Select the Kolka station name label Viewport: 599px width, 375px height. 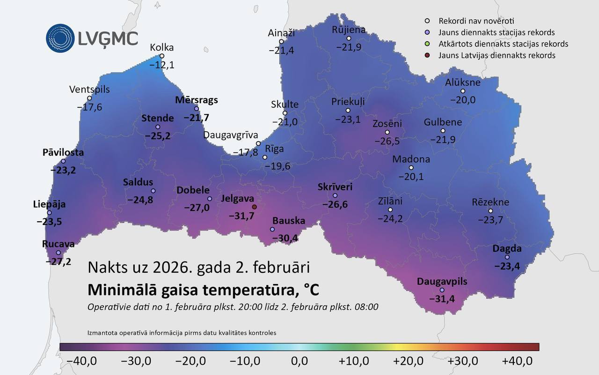pos(162,47)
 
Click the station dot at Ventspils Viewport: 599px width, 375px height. pos(89,98)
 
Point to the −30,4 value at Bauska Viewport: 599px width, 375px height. pos(285,239)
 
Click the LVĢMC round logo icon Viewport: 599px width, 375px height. pos(60,38)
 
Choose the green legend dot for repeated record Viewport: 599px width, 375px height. pos(427,44)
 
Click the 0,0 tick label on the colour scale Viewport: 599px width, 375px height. pos(299,361)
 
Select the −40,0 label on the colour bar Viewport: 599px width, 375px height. pos(81,361)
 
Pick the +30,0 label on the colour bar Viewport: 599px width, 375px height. pos(462,361)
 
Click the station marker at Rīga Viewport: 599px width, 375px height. pos(265,157)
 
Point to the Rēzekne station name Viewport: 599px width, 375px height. pos(490,202)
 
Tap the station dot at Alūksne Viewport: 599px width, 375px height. pos(463,91)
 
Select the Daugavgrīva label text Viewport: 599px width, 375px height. pos(231,135)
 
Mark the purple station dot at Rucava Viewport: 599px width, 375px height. pos(58,253)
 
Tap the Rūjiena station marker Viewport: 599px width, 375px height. pos(349,38)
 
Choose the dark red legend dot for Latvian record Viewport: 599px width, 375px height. pos(427,55)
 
